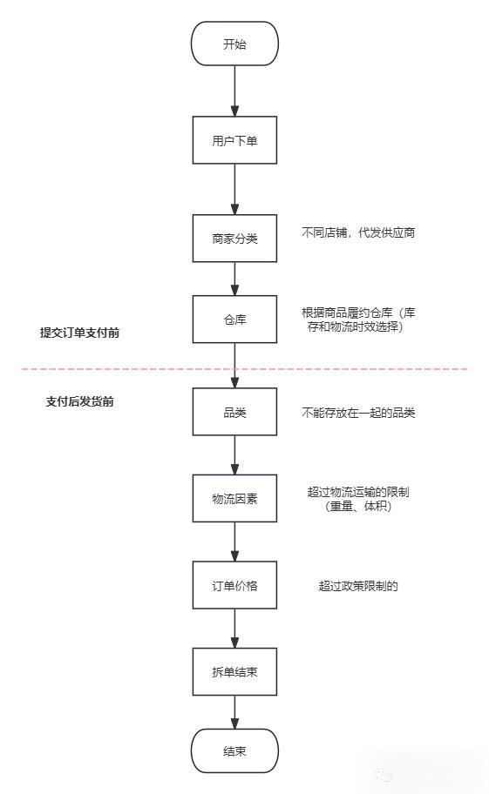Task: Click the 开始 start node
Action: click(234, 44)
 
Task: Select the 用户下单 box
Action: click(234, 140)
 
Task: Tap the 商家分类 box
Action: click(234, 238)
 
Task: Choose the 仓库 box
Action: click(234, 320)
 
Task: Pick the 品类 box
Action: click(234, 412)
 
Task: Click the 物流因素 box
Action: click(234, 498)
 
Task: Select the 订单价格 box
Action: click(234, 585)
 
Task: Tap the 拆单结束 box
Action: click(234, 671)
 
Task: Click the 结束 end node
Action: click(234, 750)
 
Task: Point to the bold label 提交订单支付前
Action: click(79, 332)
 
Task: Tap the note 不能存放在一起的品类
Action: click(358, 413)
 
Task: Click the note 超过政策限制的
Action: click(358, 586)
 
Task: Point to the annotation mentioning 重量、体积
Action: click(358, 499)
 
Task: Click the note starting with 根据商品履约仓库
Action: click(358, 320)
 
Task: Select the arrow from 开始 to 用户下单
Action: click(234, 91)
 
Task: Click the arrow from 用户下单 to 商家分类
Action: click(234, 189)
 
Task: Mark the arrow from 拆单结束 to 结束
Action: click(234, 711)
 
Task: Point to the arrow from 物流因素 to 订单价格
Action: click(234, 542)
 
